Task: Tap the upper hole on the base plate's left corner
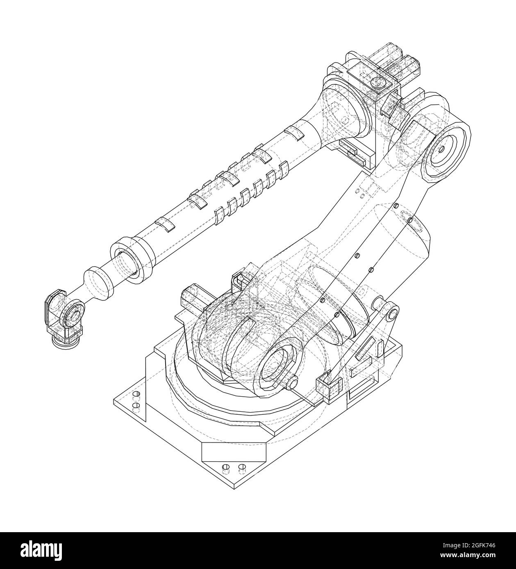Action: point(136,395)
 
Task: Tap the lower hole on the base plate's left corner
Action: point(136,405)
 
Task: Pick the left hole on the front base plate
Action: point(225,468)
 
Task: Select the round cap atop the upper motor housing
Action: point(377,83)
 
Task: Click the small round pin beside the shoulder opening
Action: point(293,384)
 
